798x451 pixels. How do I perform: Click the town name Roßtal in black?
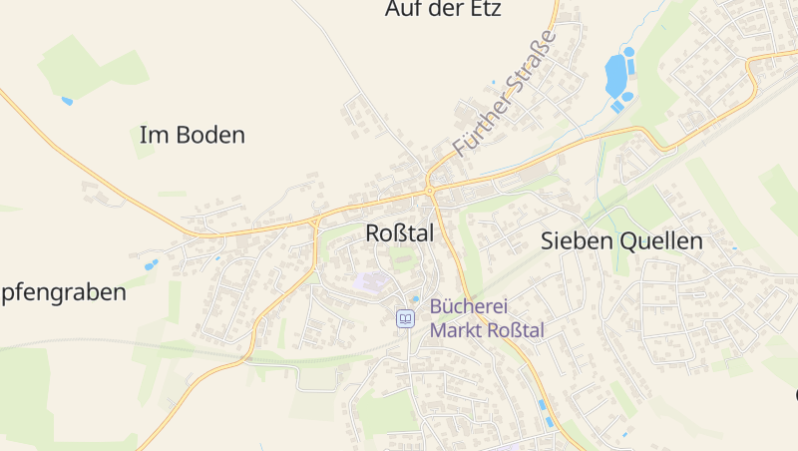tap(400, 233)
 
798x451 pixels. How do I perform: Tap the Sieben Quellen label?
tap(621, 240)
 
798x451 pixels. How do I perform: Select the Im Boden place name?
tap(193, 136)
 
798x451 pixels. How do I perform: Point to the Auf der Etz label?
tap(442, 10)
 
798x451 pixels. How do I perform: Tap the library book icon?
tap(405, 318)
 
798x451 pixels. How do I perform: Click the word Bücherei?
tap(469, 307)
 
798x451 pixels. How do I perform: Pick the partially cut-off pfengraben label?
tap(64, 292)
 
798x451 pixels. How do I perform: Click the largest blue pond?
tap(616, 74)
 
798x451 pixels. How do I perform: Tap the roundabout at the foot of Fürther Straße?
tap(430, 189)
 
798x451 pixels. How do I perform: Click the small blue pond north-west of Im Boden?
tap(67, 101)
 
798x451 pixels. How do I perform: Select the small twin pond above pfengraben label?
tap(151, 265)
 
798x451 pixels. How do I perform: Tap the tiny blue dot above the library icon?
tap(416, 297)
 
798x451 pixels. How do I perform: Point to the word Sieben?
tap(572, 240)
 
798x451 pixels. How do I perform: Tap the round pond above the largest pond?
tap(628, 51)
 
